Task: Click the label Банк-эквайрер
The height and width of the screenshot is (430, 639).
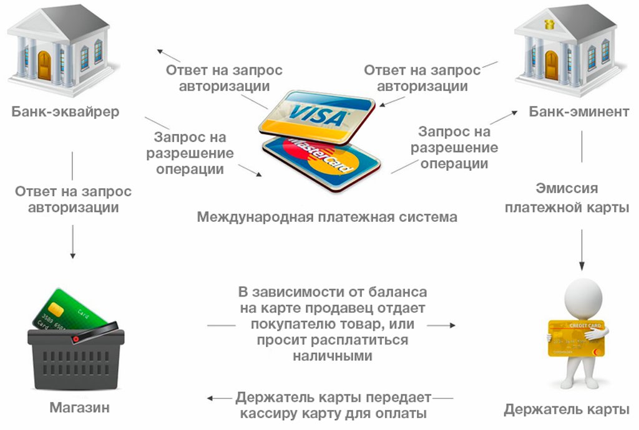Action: click(x=66, y=112)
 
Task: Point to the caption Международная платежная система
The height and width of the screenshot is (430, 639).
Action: click(x=327, y=217)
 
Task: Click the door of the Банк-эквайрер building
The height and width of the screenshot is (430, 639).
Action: click(x=44, y=65)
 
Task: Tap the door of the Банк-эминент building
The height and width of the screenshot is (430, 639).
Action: click(x=552, y=65)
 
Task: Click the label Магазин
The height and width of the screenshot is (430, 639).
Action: click(x=79, y=409)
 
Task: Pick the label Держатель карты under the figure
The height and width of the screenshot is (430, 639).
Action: click(x=566, y=410)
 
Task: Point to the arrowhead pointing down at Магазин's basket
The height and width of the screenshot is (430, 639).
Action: click(x=73, y=254)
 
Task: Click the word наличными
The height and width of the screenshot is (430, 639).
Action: click(x=332, y=356)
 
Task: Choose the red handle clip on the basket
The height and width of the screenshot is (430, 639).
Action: click(x=76, y=338)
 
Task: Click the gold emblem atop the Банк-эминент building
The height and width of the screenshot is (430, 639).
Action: click(x=550, y=24)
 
